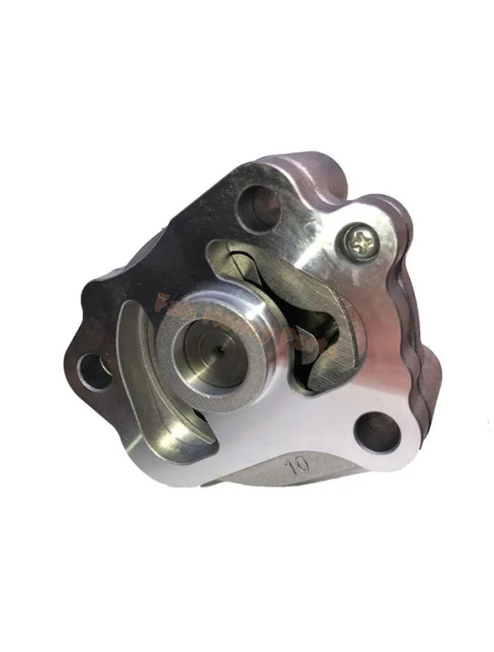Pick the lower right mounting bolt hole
pos(377,430)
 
